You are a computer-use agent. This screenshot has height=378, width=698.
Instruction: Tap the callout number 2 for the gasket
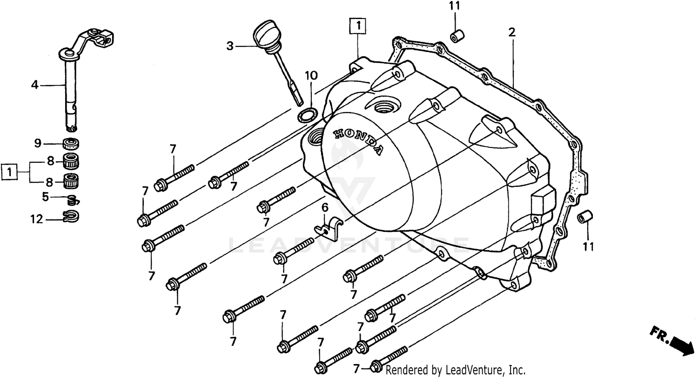(512, 33)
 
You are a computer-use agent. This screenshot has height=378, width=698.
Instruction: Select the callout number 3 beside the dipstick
(230, 46)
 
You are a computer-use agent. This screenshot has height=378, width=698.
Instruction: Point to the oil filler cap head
(263, 36)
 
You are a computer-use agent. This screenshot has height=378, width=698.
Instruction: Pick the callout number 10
(311, 75)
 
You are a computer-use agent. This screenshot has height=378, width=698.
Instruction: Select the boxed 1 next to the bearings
(9, 172)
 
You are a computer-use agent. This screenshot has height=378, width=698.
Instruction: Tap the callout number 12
(37, 219)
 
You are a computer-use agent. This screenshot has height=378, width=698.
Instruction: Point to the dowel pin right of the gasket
(584, 217)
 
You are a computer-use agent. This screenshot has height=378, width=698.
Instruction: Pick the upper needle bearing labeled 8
(71, 162)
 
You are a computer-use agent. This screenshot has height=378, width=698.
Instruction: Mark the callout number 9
(38, 143)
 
